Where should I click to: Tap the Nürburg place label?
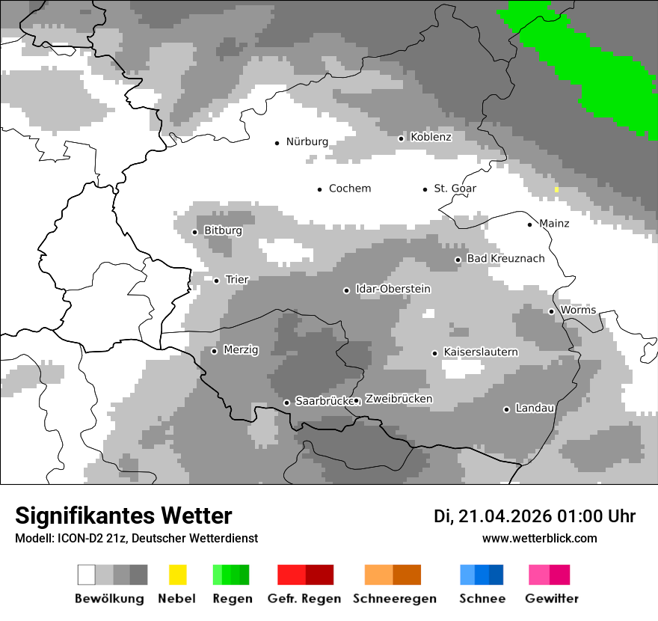(307, 141)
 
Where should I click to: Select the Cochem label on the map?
(349, 189)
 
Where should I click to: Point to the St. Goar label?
(455, 189)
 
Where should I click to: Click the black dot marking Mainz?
(530, 224)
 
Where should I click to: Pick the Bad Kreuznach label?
(505, 258)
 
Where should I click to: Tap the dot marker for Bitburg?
(195, 232)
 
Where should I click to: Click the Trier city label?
(237, 280)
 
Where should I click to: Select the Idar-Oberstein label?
(393, 289)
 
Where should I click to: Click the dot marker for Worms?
(552, 311)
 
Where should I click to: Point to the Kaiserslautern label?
(480, 352)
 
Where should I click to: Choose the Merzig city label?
(241, 349)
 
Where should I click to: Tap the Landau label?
(535, 408)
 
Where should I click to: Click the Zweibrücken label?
(399, 399)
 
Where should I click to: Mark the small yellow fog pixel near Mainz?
(556, 189)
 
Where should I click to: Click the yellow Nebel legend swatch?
(177, 575)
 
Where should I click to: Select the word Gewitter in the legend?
(551, 599)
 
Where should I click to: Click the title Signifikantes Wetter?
(123, 516)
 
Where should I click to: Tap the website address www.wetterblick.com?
(539, 538)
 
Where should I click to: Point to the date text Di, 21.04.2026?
(492, 516)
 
